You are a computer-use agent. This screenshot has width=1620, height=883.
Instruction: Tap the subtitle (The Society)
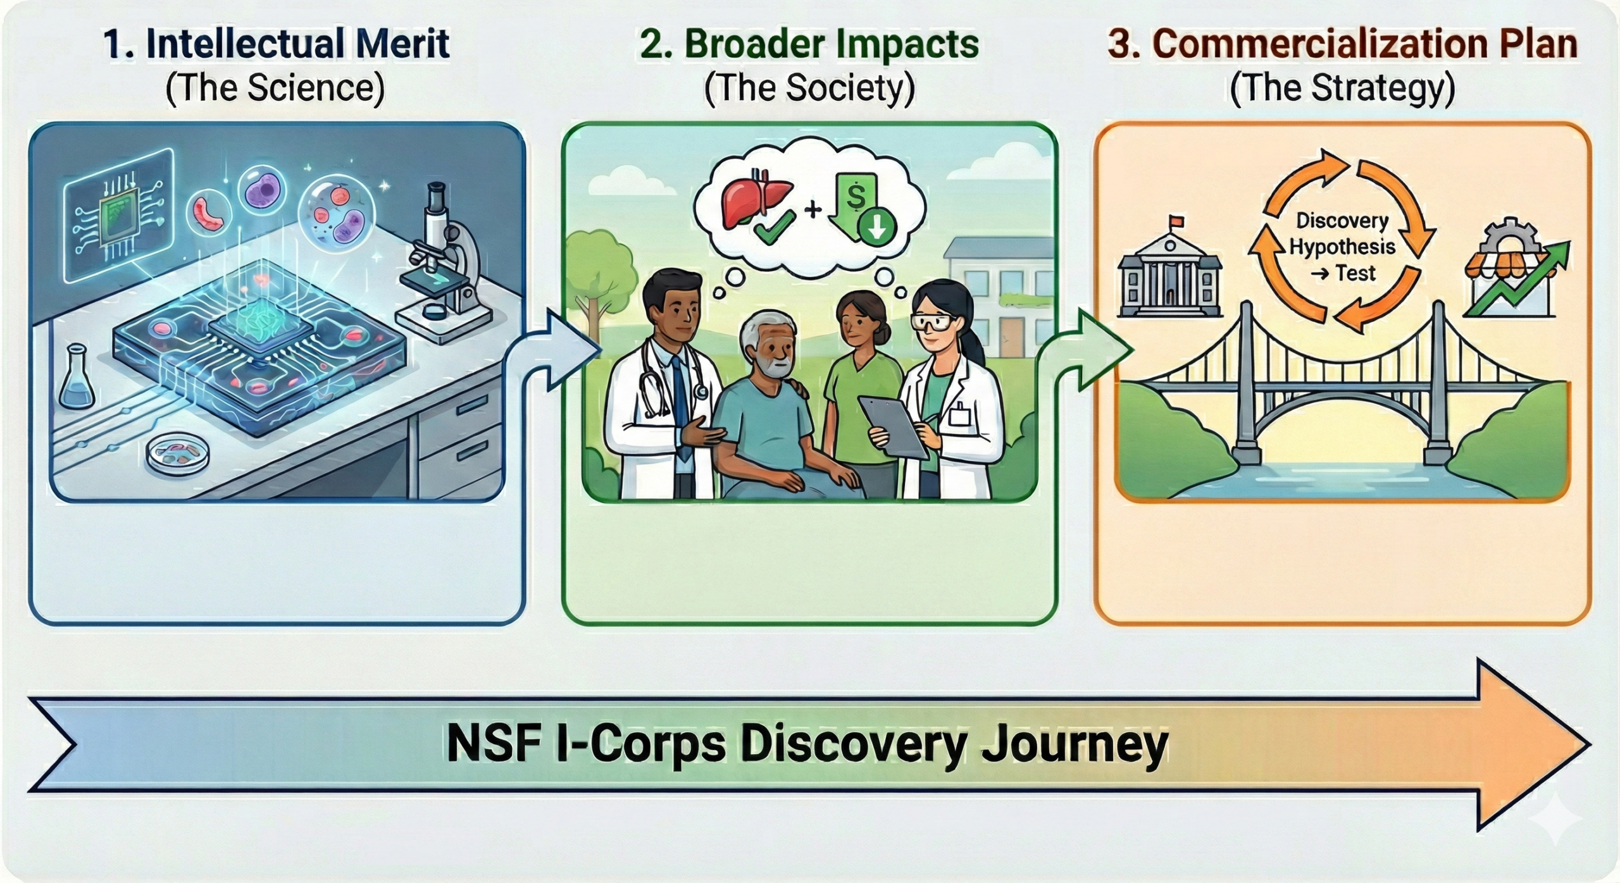point(809,88)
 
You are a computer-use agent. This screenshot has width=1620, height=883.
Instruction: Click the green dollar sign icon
point(856,197)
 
